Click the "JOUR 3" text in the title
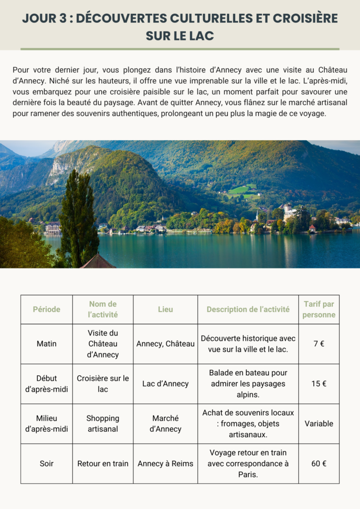[x=45, y=18]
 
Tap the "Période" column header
[x=46, y=309]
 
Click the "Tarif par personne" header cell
[x=319, y=309]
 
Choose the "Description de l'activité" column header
[x=248, y=309]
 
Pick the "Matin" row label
[x=46, y=343]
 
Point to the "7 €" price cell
[x=319, y=343]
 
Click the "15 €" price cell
[x=319, y=384]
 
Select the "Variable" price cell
[x=319, y=424]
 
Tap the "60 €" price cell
[x=319, y=463]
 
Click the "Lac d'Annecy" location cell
[x=165, y=384]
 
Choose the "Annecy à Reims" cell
[x=165, y=463]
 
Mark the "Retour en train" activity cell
[x=102, y=463]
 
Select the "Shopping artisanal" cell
[x=102, y=424]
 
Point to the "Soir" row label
[x=46, y=463]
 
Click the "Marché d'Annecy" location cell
[x=165, y=424]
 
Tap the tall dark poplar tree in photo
[x=78, y=219]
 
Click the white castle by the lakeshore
[x=288, y=213]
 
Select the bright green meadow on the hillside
[x=240, y=190]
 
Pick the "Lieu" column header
[x=165, y=309]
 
